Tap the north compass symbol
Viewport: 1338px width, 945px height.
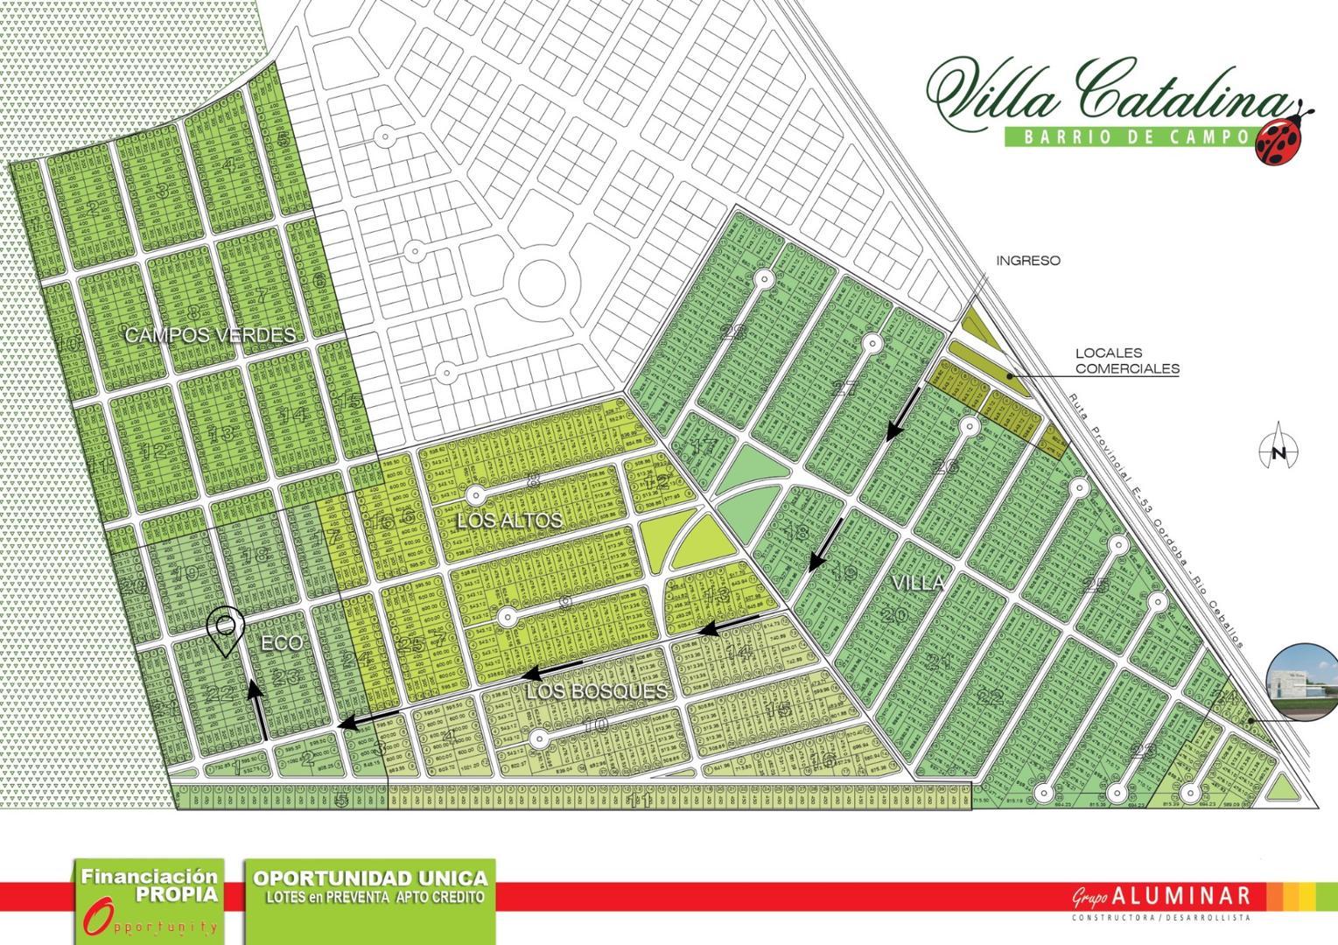(1278, 449)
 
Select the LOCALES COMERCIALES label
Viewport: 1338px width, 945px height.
(1127, 361)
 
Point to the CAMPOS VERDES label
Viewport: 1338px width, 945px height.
(210, 334)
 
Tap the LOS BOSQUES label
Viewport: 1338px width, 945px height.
(597, 691)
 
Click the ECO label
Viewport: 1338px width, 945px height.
(282, 643)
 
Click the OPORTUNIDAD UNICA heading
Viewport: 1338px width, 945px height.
(370, 878)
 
